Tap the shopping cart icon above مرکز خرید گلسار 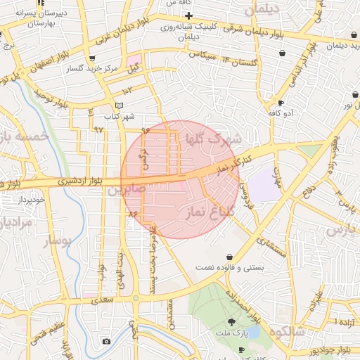92,58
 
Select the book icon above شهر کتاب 119,105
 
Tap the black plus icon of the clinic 188,15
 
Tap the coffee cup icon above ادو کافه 281,103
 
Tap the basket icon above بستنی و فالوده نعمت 231,257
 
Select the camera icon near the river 106,342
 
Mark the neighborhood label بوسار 59,241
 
